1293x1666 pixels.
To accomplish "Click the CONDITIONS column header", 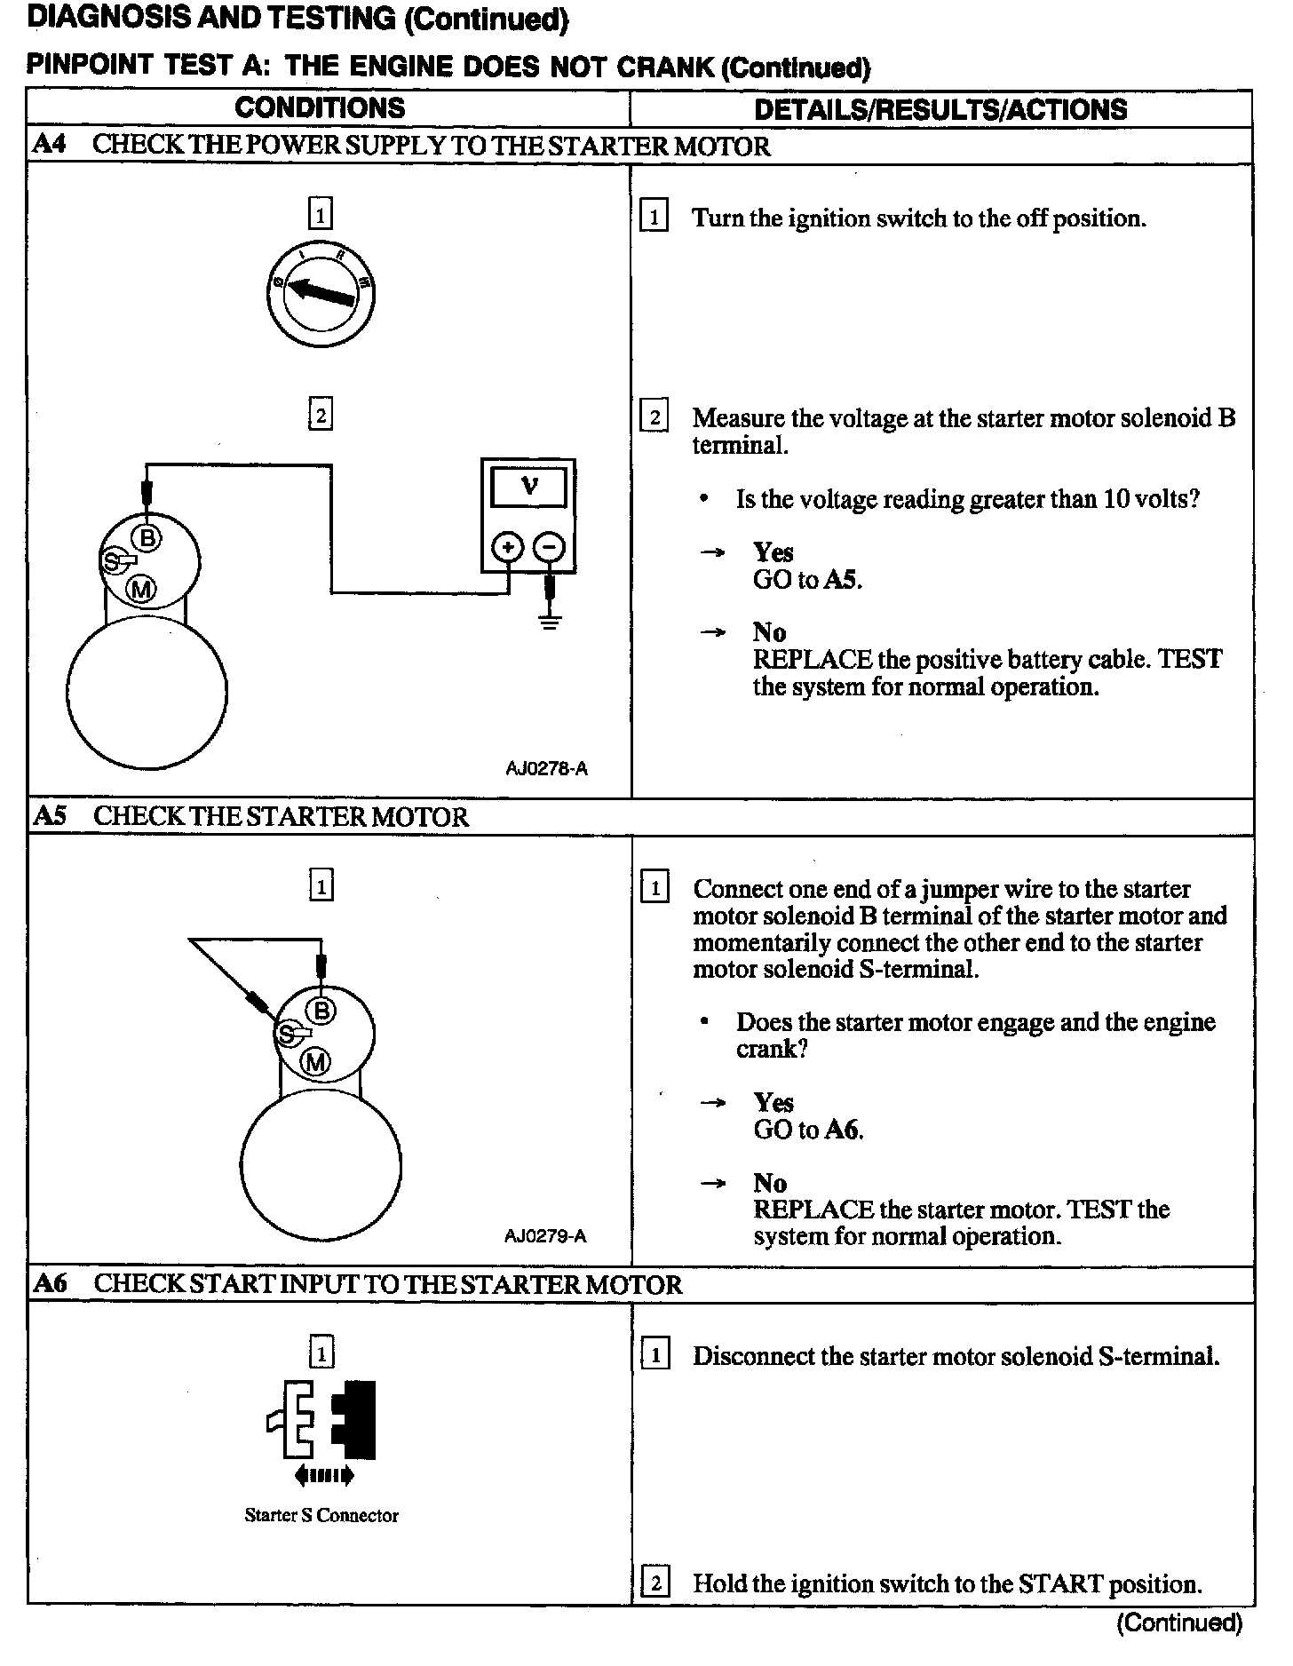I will coord(320,108).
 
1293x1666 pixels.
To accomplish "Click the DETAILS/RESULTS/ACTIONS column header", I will coord(940,109).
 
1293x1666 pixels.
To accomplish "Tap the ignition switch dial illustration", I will coord(320,296).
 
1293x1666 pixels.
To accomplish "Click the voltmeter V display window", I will coord(529,487).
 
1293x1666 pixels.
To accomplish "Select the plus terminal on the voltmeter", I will coord(507,547).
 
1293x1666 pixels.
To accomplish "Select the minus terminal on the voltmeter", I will coord(551,547).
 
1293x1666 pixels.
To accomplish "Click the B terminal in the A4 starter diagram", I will coord(147,537).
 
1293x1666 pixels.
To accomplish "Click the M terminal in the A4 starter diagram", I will coord(142,588).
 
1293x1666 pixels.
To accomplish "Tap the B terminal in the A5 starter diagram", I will coord(321,1011).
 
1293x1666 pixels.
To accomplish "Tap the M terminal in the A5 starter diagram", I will coord(316,1061).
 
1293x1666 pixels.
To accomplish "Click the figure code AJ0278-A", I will coord(546,769).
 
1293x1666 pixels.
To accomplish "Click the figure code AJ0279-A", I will coord(545,1236).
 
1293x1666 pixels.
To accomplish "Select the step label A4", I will coord(49,145).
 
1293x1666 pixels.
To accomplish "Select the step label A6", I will coord(50,1283).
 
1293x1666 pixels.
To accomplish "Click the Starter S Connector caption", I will coord(321,1516).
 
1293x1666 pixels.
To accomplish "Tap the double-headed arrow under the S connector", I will coord(324,1476).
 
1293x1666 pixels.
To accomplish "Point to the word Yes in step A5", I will coord(773,1103).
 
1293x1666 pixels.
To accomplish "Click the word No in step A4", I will coord(769,632).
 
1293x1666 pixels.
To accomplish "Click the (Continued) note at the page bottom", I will coord(1179,1623).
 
